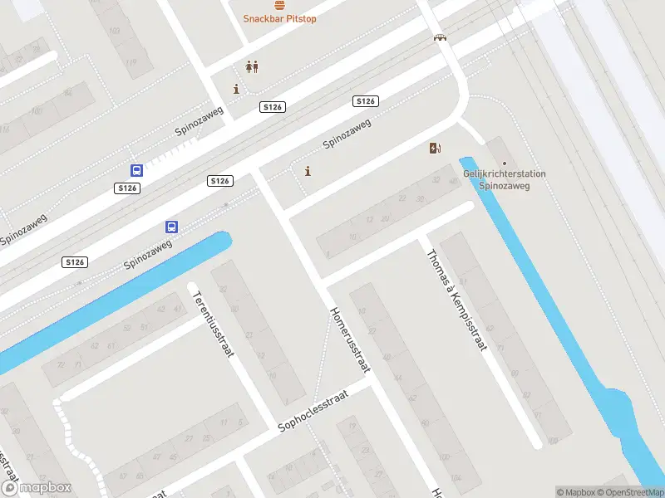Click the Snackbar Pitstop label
[279, 18]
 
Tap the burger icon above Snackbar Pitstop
[279, 4]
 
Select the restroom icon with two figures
[251, 67]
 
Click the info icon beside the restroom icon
[237, 89]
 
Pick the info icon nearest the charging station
[308, 172]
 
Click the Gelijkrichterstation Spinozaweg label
[505, 180]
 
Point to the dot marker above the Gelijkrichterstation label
[502, 163]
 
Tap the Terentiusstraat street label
[212, 323]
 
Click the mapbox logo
[36, 489]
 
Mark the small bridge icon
[439, 37]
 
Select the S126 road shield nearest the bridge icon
[366, 101]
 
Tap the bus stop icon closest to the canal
[171, 227]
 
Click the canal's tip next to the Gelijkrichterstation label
[466, 162]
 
